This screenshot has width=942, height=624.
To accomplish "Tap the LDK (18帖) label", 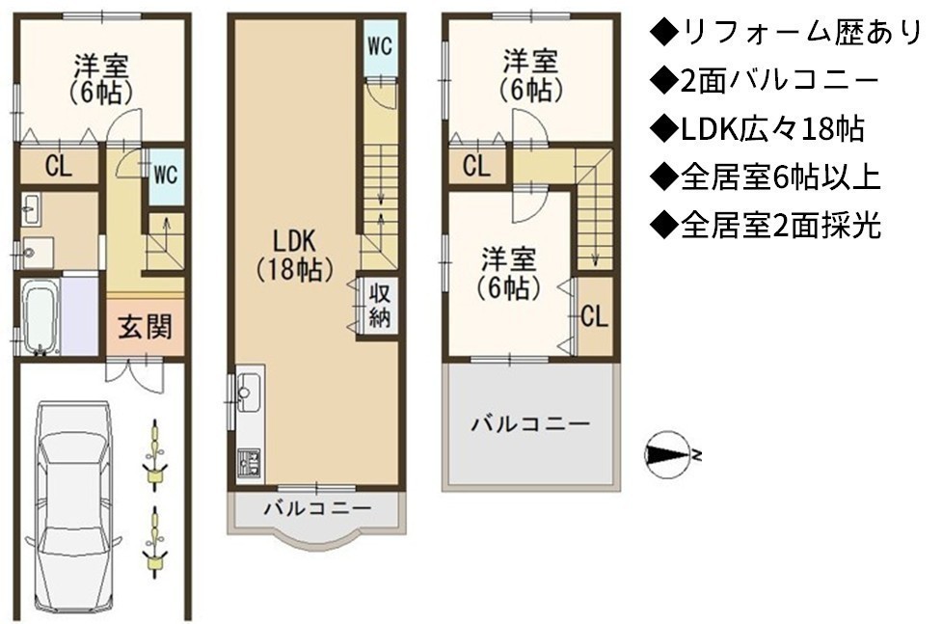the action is [x=294, y=256].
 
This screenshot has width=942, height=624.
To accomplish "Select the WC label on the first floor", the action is [x=165, y=175].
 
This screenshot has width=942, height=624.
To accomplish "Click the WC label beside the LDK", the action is [x=380, y=45].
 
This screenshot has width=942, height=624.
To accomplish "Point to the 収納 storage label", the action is [x=380, y=306].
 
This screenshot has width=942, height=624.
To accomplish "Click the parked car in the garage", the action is [x=72, y=505].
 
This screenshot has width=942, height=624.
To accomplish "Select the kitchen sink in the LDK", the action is [x=248, y=392].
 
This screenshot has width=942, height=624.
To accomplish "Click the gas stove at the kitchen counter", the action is [x=248, y=463].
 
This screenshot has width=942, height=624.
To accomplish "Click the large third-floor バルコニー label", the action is [x=530, y=424].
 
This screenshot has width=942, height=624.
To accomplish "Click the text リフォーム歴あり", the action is [x=785, y=33].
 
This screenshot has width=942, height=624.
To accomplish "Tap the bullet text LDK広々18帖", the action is [x=758, y=128].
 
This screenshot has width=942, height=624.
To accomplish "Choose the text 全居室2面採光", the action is [x=767, y=226].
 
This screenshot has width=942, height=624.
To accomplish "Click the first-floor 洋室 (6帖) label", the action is [x=101, y=79].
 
